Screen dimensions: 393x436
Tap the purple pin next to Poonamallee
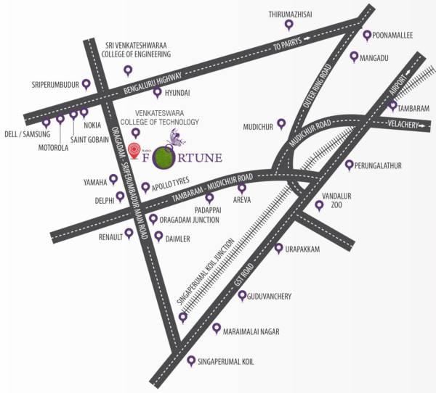click(368, 35)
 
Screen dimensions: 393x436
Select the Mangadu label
click(380, 55)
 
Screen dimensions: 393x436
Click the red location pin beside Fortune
click(134, 150)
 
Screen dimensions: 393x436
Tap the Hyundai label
click(177, 93)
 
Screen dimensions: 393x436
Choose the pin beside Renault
click(129, 233)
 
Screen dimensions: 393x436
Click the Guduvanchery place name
click(269, 296)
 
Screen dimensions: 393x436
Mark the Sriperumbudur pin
click(86, 83)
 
